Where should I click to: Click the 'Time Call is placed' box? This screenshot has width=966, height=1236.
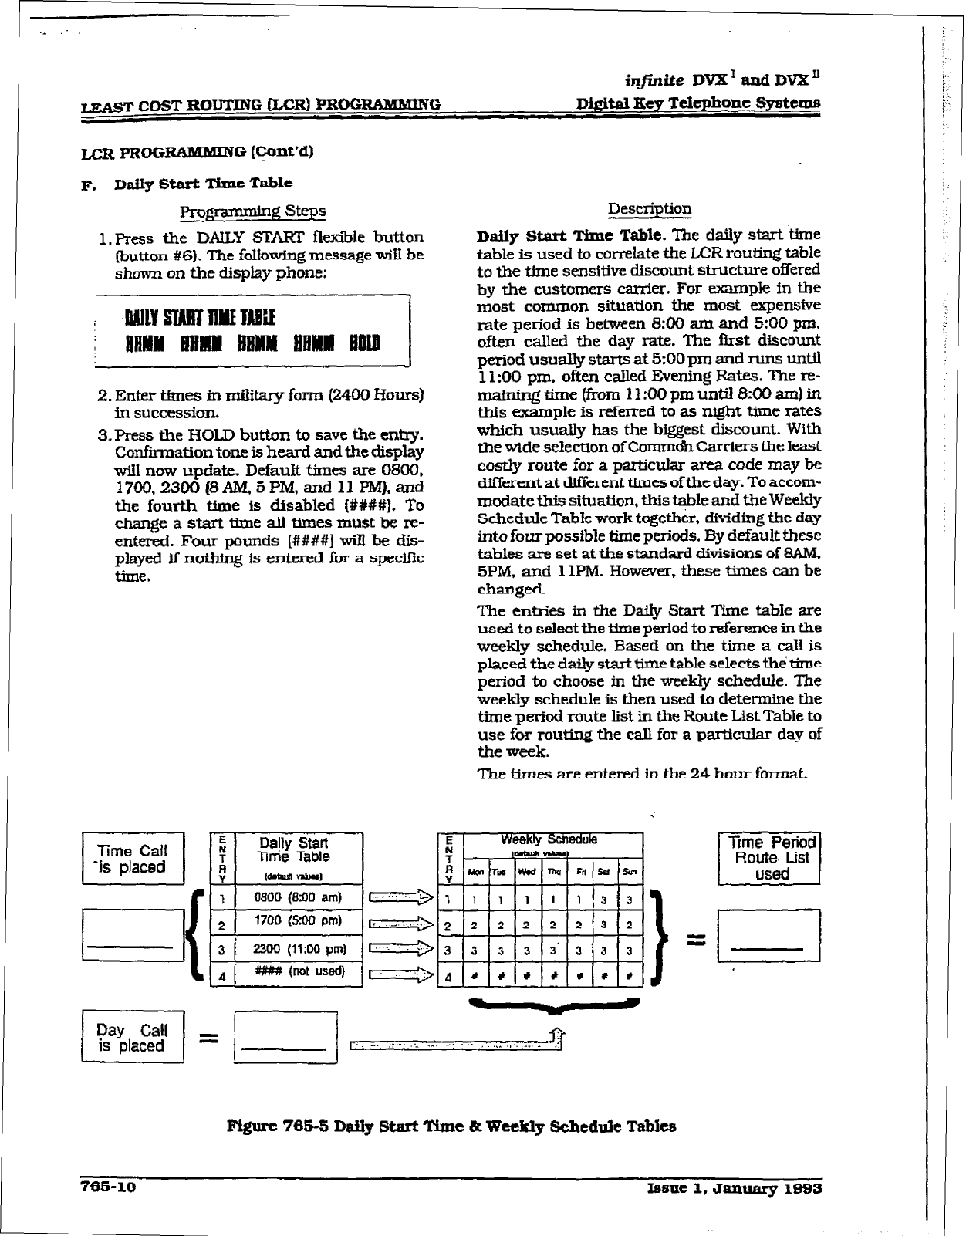point(133,859)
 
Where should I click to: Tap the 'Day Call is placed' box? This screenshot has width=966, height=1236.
point(133,1038)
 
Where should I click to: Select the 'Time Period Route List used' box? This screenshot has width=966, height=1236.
point(768,859)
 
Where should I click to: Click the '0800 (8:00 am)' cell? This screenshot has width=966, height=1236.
point(297,897)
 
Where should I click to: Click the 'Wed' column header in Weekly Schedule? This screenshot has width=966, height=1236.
point(528,873)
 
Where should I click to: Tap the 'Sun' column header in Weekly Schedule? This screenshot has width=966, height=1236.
point(630,873)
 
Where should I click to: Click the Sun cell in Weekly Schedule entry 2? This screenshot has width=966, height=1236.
point(630,924)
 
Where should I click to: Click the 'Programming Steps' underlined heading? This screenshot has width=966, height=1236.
point(252,211)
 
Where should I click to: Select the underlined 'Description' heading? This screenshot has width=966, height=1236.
point(650,209)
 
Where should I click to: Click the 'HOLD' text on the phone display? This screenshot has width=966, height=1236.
point(364,343)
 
